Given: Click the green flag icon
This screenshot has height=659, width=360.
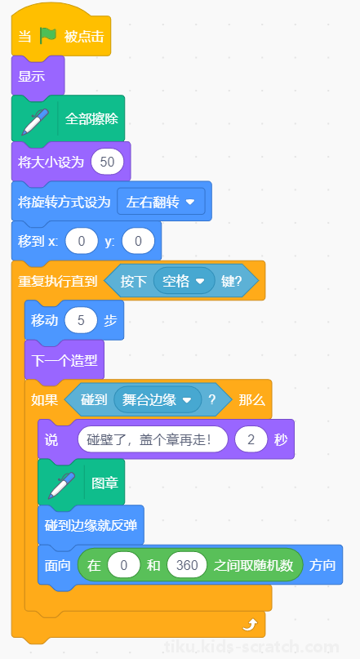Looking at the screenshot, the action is point(48,36).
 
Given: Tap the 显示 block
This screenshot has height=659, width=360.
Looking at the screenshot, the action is point(38,77).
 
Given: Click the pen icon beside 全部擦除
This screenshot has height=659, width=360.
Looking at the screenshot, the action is point(35,122).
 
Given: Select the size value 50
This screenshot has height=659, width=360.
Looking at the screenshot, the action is point(108,162).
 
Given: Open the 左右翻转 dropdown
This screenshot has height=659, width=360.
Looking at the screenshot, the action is point(162,203).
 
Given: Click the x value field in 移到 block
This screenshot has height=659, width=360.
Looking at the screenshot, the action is point(82,241).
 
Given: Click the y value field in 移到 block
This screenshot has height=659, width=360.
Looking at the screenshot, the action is point(138,241).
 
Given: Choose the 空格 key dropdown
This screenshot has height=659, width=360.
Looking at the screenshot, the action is point(184,281).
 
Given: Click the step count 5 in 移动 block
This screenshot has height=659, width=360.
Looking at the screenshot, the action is point(81,321).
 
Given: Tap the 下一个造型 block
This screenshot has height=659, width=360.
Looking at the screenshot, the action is point(64,360).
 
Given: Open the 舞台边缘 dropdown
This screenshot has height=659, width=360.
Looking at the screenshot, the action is point(158,399).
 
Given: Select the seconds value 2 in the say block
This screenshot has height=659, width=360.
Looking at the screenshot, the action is point(251,439).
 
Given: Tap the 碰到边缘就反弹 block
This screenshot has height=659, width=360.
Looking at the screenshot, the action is point(91,525).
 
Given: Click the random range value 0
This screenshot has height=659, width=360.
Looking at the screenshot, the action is point(123,565).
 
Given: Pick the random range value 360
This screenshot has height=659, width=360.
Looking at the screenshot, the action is point(187,565).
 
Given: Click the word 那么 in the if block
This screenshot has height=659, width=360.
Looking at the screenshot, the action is point(252,400).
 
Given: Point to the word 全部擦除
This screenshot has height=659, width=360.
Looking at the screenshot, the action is point(91,119).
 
